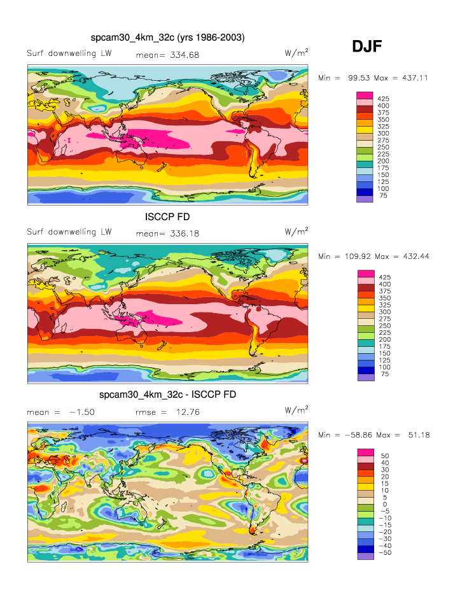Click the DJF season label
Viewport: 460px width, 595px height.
click(367, 46)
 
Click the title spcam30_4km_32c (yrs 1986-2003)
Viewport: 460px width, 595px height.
click(168, 38)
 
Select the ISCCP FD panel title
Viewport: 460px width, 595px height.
click(168, 217)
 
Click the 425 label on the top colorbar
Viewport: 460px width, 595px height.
click(384, 99)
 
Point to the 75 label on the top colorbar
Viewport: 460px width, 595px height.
click(384, 196)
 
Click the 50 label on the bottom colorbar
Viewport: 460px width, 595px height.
click(384, 456)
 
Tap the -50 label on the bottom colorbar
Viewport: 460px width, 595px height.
click(384, 552)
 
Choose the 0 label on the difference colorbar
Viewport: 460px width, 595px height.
click(384, 504)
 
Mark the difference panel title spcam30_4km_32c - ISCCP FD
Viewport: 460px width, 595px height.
click(168, 395)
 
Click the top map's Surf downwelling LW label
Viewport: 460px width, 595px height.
click(69, 53)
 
